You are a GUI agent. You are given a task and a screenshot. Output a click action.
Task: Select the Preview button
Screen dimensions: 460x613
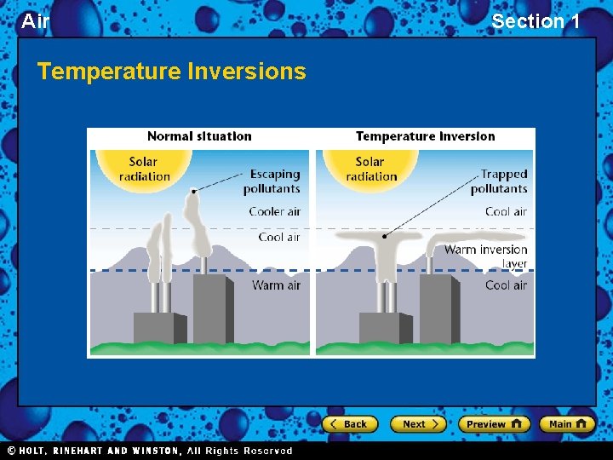(494, 424)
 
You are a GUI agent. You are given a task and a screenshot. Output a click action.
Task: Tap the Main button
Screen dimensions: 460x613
(566, 424)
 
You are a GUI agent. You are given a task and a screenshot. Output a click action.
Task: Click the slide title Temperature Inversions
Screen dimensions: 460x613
(171, 72)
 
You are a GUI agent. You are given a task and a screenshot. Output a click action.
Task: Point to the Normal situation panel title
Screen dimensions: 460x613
(199, 136)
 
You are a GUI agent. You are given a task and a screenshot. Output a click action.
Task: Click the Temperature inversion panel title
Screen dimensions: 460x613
(425, 136)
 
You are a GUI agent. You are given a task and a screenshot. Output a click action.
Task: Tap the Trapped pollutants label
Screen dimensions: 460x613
(499, 181)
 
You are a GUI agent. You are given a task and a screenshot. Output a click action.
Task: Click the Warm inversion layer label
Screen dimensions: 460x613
(486, 256)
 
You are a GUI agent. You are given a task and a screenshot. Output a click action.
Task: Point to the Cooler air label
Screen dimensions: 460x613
(274, 211)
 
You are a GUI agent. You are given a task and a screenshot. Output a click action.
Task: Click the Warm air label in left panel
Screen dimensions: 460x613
(276, 285)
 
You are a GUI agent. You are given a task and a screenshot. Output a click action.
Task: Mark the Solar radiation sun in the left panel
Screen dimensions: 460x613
(144, 169)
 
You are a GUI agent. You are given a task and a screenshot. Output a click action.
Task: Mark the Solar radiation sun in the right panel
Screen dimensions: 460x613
(370, 169)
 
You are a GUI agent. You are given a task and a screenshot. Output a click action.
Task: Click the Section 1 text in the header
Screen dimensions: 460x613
(536, 21)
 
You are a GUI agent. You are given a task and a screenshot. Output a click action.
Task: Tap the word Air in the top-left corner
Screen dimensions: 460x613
(35, 21)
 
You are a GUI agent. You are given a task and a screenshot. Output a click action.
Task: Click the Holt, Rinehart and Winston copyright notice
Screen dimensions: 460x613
(150, 451)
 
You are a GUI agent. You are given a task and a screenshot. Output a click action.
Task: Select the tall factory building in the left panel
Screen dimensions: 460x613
(210, 308)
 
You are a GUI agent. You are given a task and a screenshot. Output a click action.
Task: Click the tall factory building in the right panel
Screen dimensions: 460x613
(438, 308)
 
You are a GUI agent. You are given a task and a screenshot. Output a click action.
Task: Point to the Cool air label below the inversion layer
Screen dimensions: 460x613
(506, 285)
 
